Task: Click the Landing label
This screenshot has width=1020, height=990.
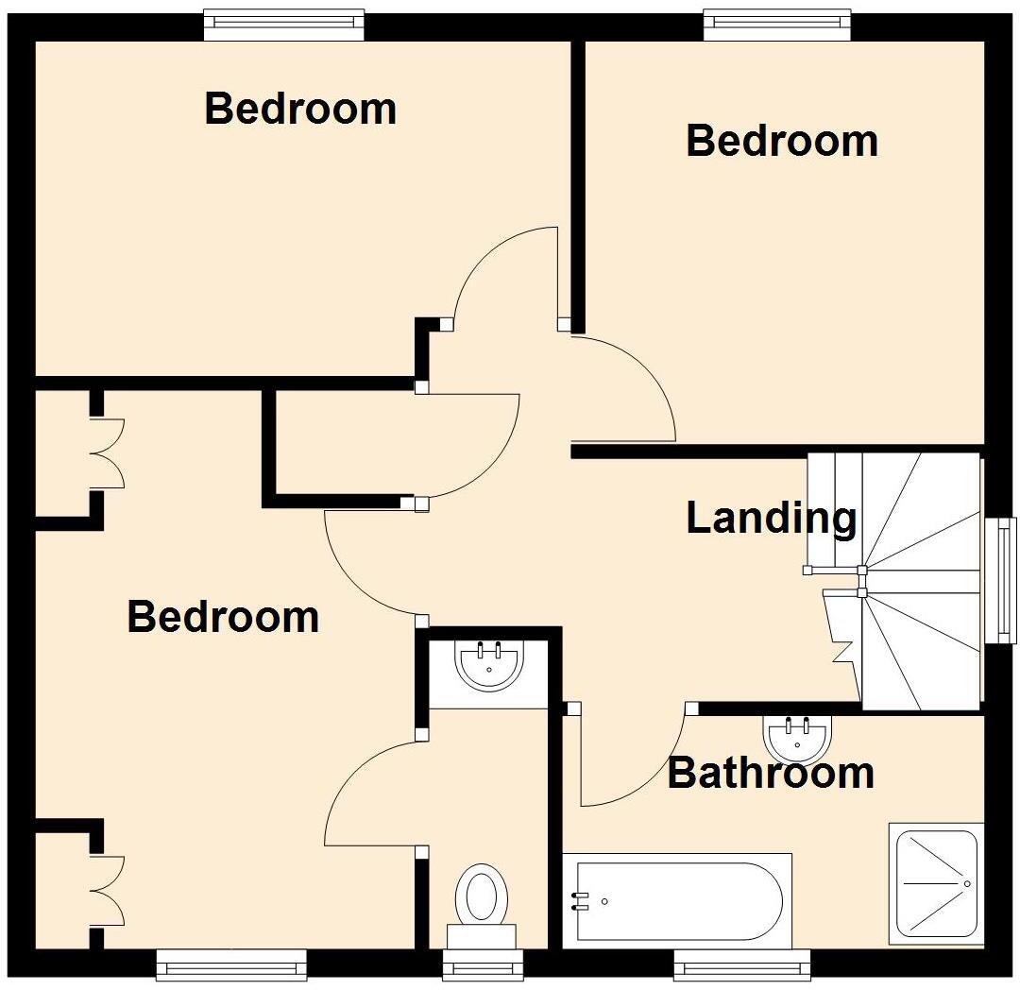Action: (771, 519)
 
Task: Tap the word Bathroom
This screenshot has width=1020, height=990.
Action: (771, 773)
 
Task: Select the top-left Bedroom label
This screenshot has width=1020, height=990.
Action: (300, 109)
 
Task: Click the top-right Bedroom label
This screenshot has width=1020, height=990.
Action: (782, 141)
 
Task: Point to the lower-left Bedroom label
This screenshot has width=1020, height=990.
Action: (223, 617)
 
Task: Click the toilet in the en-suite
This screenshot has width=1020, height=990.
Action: (482, 897)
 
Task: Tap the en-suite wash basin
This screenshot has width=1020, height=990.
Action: (489, 665)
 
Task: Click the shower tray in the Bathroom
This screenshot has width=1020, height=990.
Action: (932, 882)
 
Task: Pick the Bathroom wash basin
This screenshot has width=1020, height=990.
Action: (797, 738)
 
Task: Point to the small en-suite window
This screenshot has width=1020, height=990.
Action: (483, 964)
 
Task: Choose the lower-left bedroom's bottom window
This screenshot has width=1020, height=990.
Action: (231, 964)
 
